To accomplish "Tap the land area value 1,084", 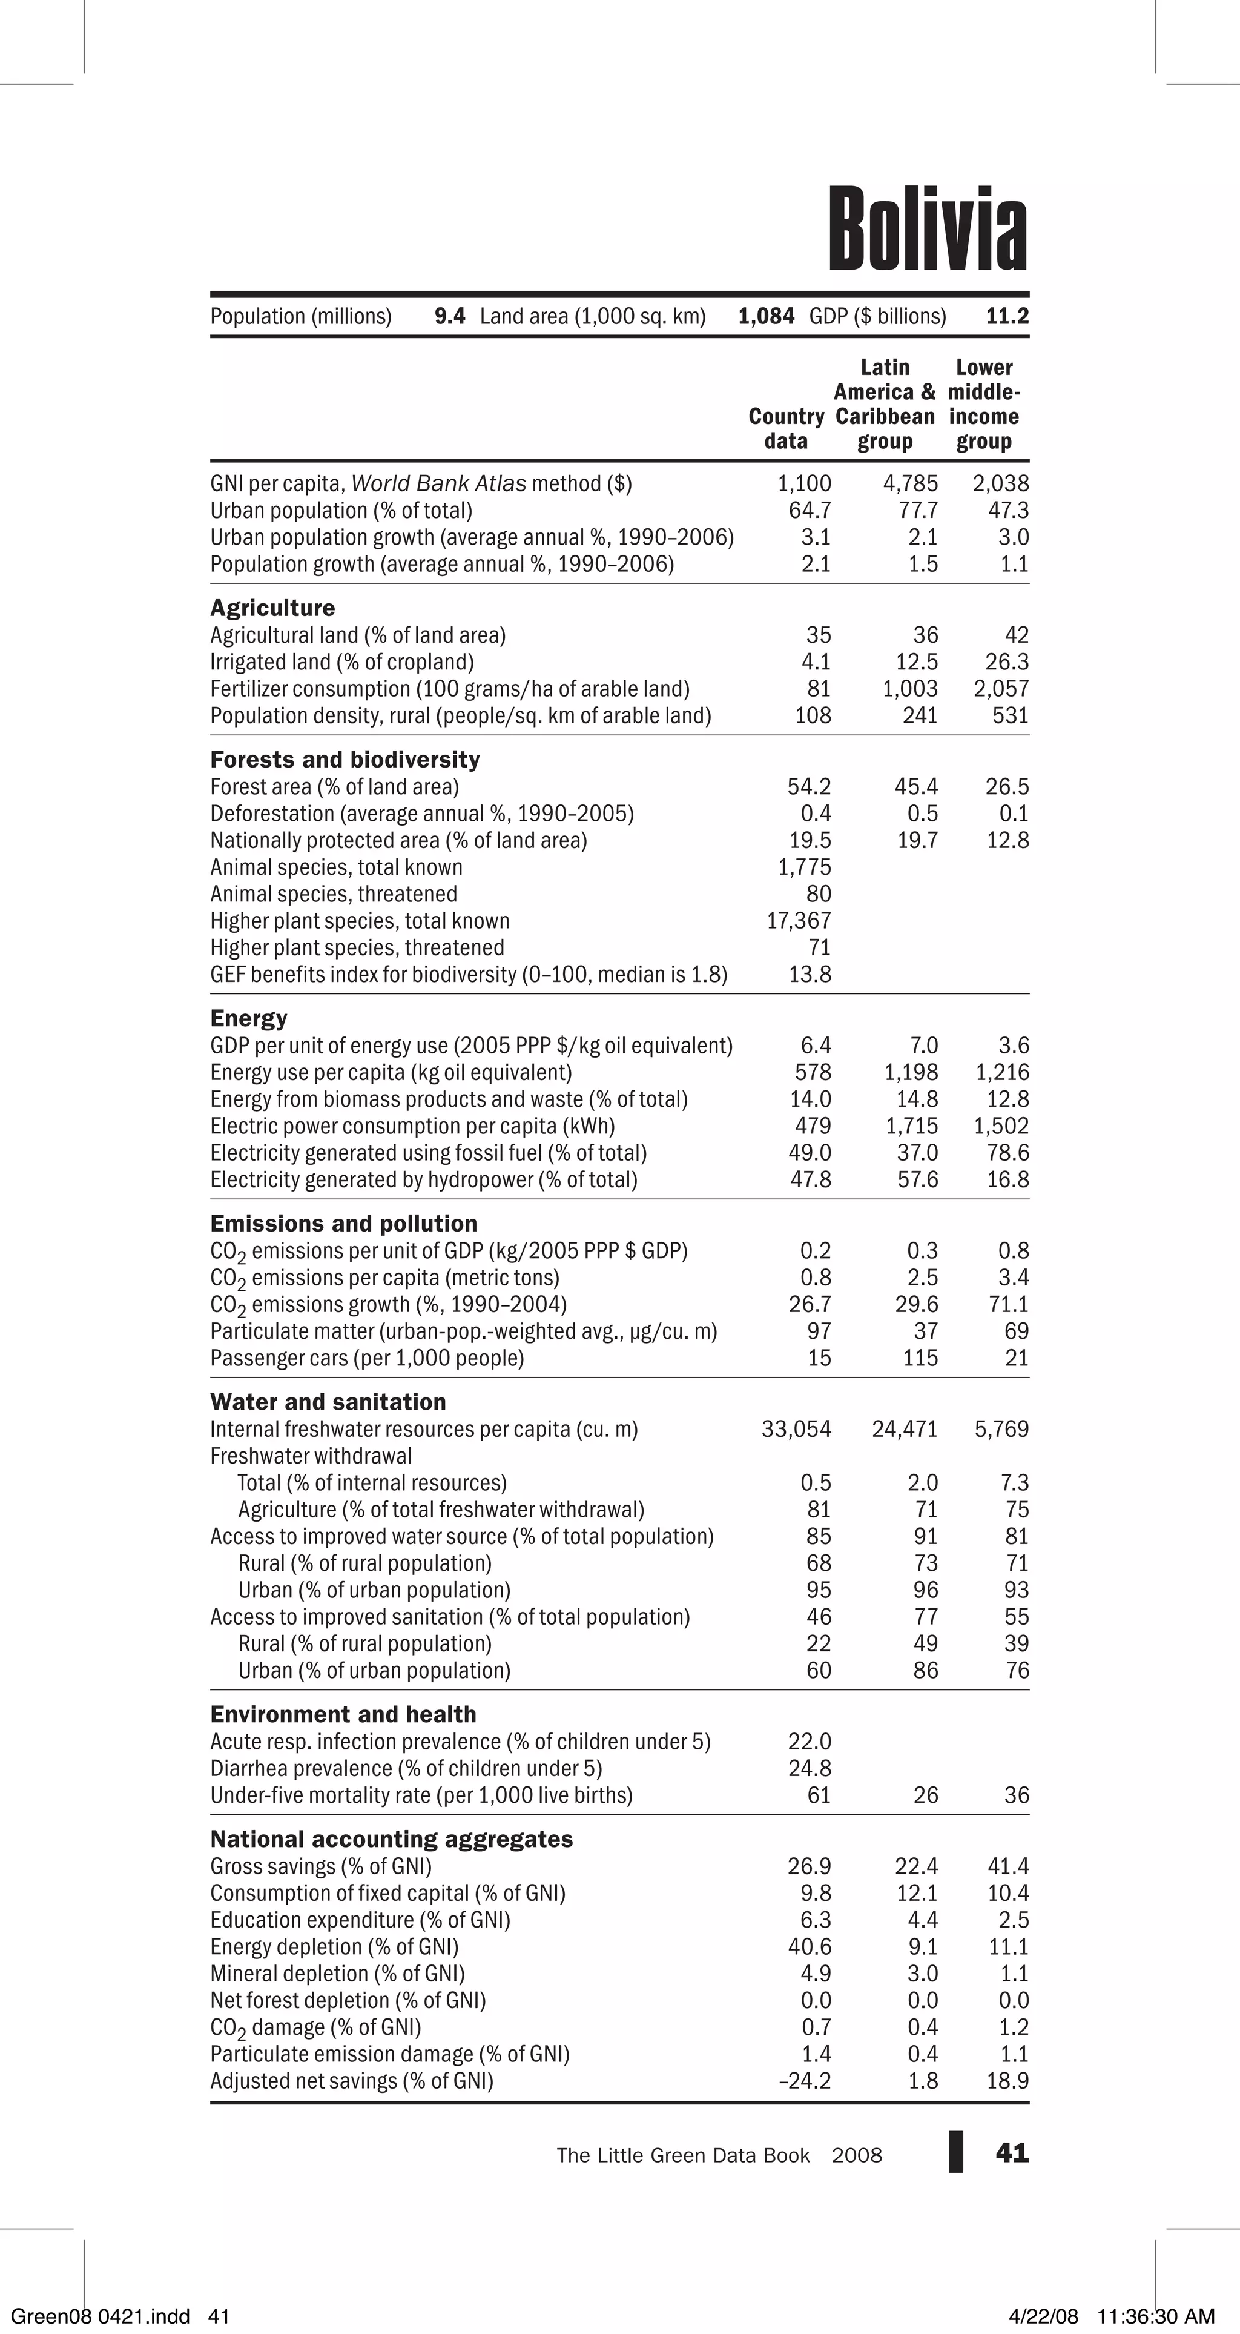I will click(x=767, y=316).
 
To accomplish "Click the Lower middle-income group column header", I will click(x=984, y=404).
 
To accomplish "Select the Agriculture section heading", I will click(x=272, y=608).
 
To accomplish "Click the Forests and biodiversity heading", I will click(x=344, y=759).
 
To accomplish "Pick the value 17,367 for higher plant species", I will click(x=798, y=921).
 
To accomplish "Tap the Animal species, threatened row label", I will click(x=334, y=894).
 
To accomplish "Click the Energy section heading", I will click(x=248, y=1018).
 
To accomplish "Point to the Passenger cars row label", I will click(x=367, y=1358).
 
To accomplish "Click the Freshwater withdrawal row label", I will click(x=311, y=1456).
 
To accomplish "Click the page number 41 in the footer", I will click(x=1012, y=2153).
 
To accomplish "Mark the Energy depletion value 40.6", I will click(x=809, y=1947).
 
